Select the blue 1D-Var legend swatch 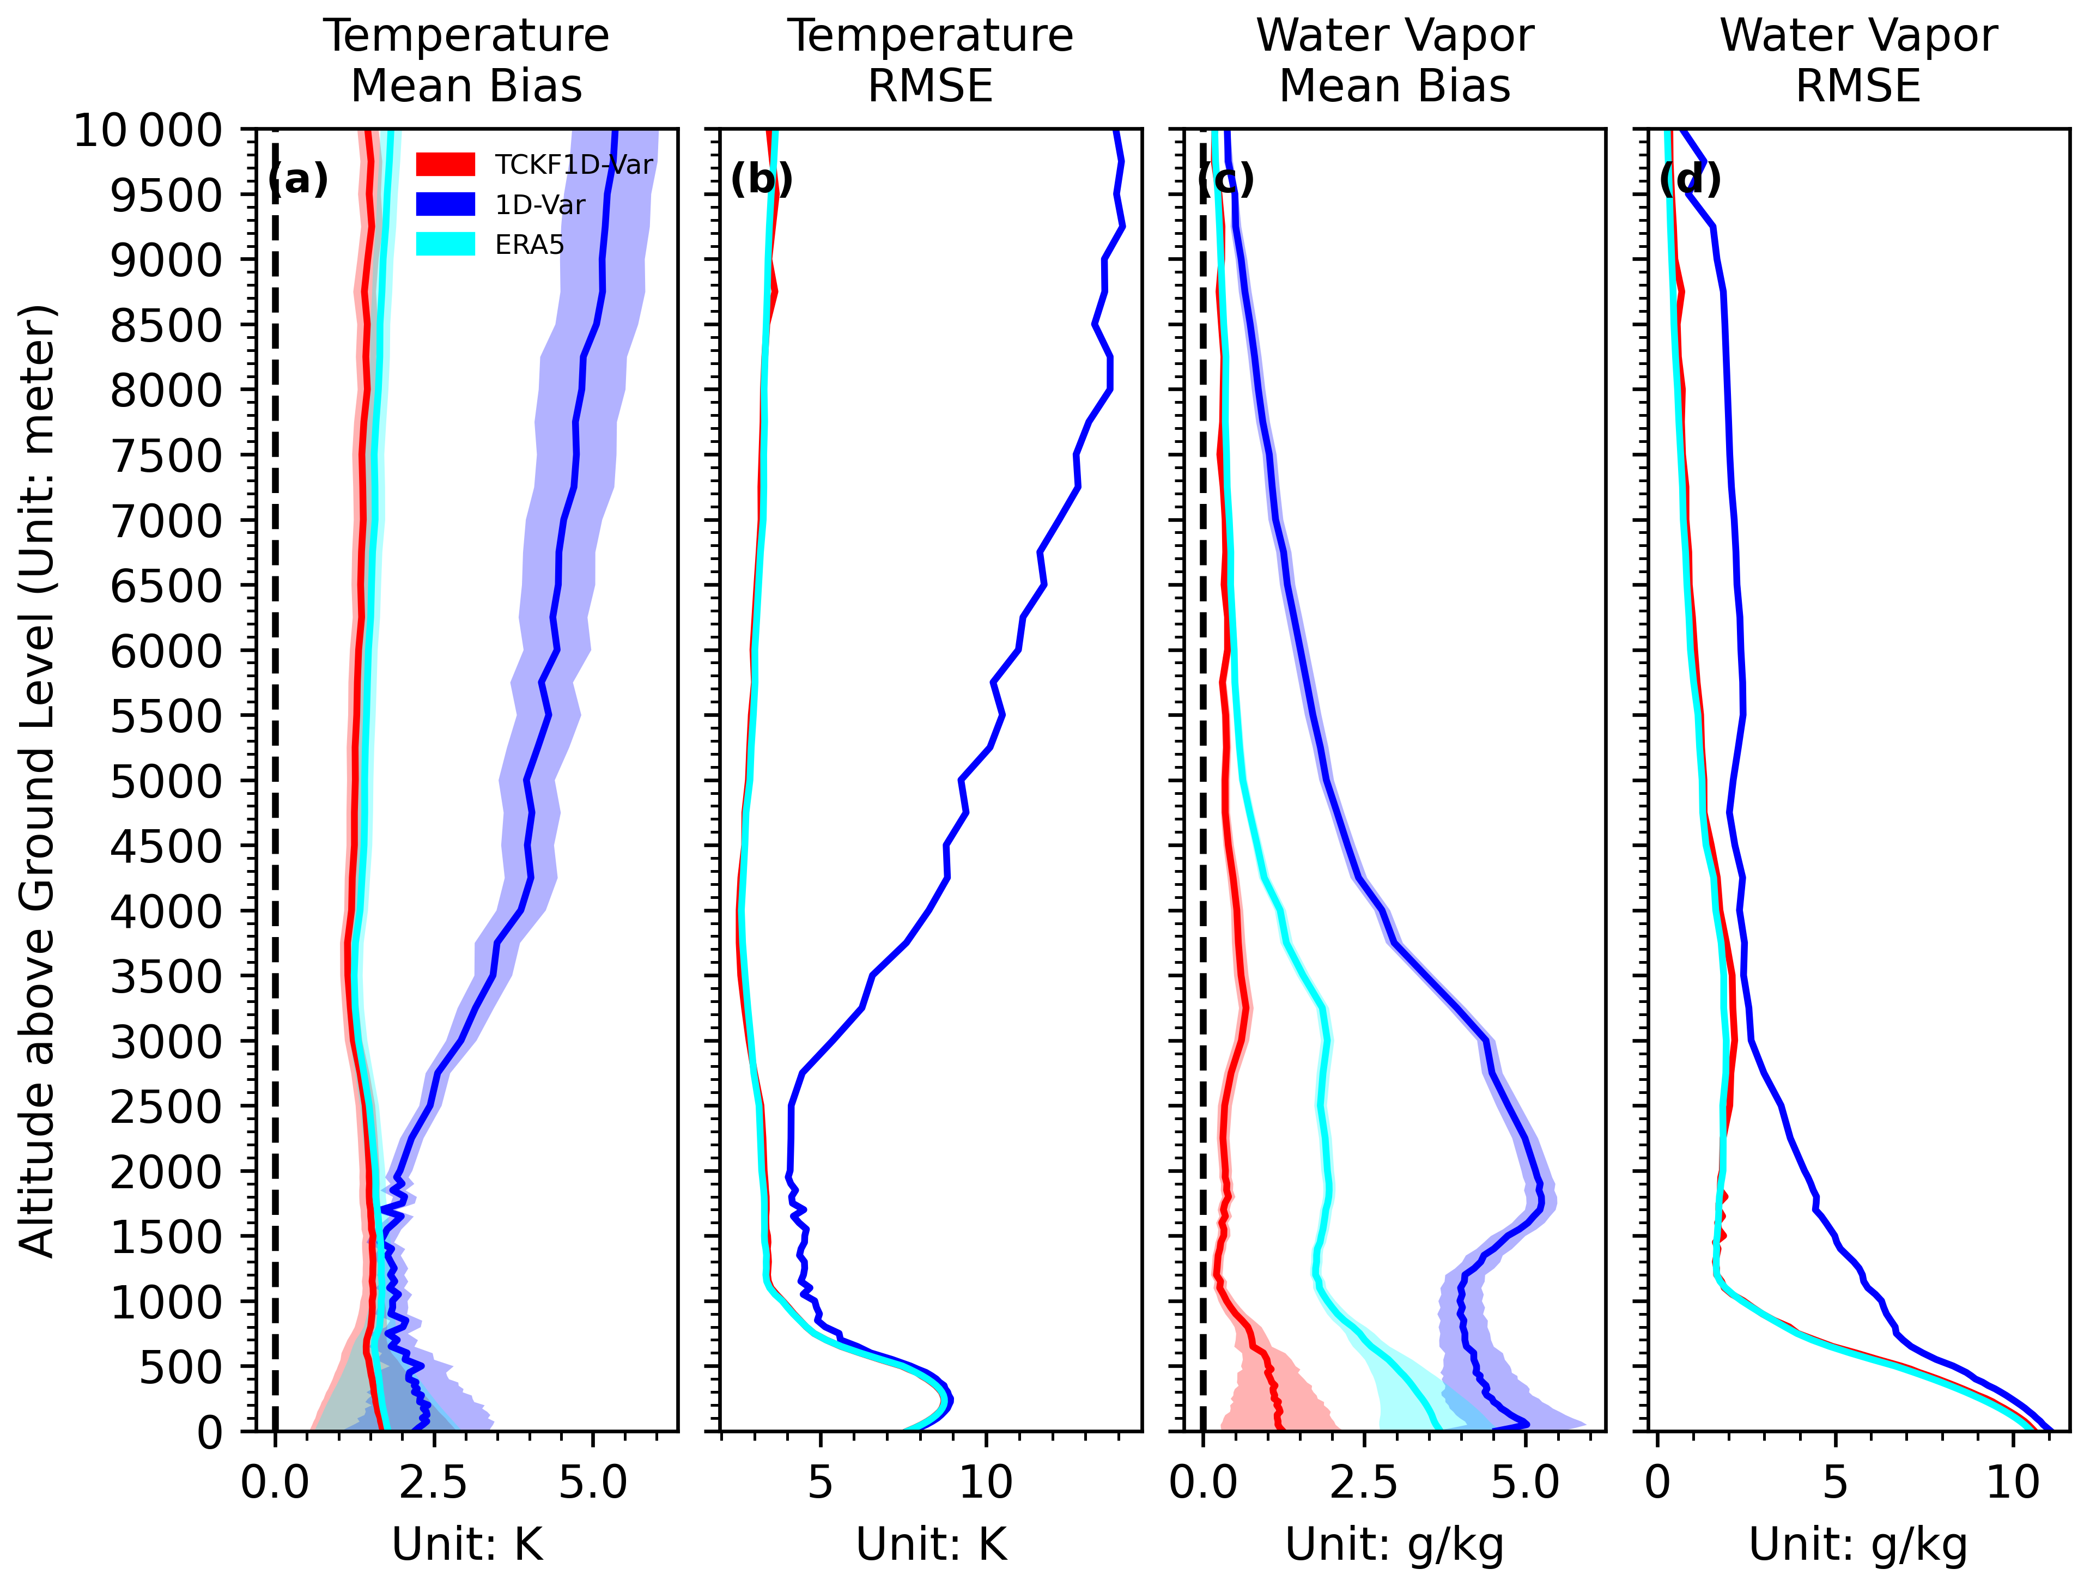[445, 204]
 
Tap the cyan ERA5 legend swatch [445, 244]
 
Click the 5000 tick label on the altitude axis [165, 781]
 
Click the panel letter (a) [299, 179]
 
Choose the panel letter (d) [1690, 179]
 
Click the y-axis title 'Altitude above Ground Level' [38, 781]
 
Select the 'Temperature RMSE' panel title [931, 60]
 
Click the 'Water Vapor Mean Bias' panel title [1395, 60]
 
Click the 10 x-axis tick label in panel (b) [986, 1483]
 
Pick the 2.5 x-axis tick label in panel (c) [1363, 1483]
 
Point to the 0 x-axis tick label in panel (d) [1657, 1483]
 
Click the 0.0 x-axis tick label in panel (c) [1203, 1483]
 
